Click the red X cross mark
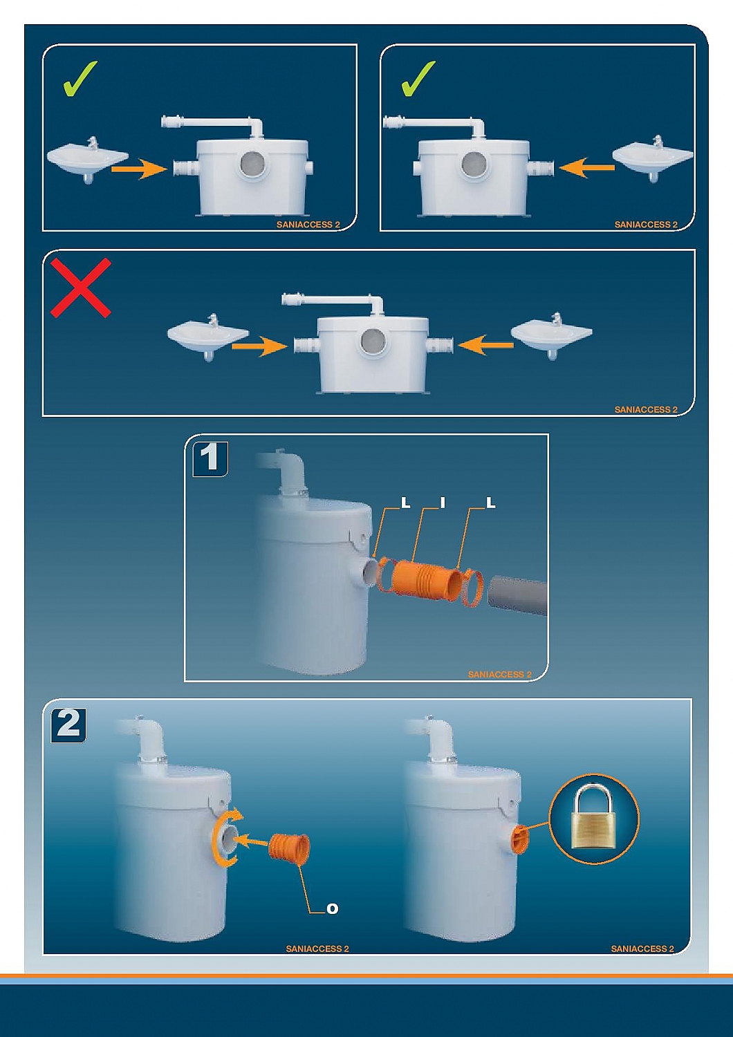pos(81,288)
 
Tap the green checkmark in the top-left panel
pos(80,79)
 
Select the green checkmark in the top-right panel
pos(418,79)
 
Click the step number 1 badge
pos(211,459)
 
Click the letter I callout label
pos(443,503)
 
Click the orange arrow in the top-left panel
pos(139,169)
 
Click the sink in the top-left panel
pos(88,159)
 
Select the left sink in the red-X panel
pos(208,337)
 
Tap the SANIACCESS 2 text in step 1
pos(500,675)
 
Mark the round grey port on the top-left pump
pos(253,164)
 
